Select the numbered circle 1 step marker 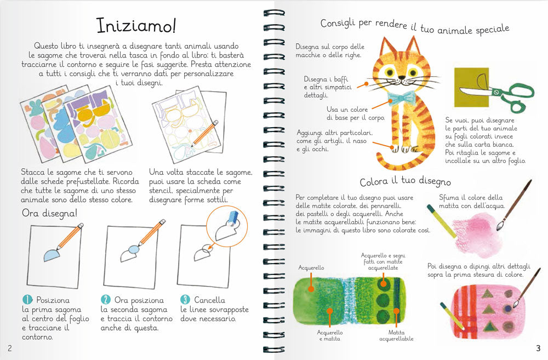27,300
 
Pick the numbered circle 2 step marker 106,300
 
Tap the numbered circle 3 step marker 185,300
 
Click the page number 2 9,348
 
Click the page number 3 538,348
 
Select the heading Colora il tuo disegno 406,182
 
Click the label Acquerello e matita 329,335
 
